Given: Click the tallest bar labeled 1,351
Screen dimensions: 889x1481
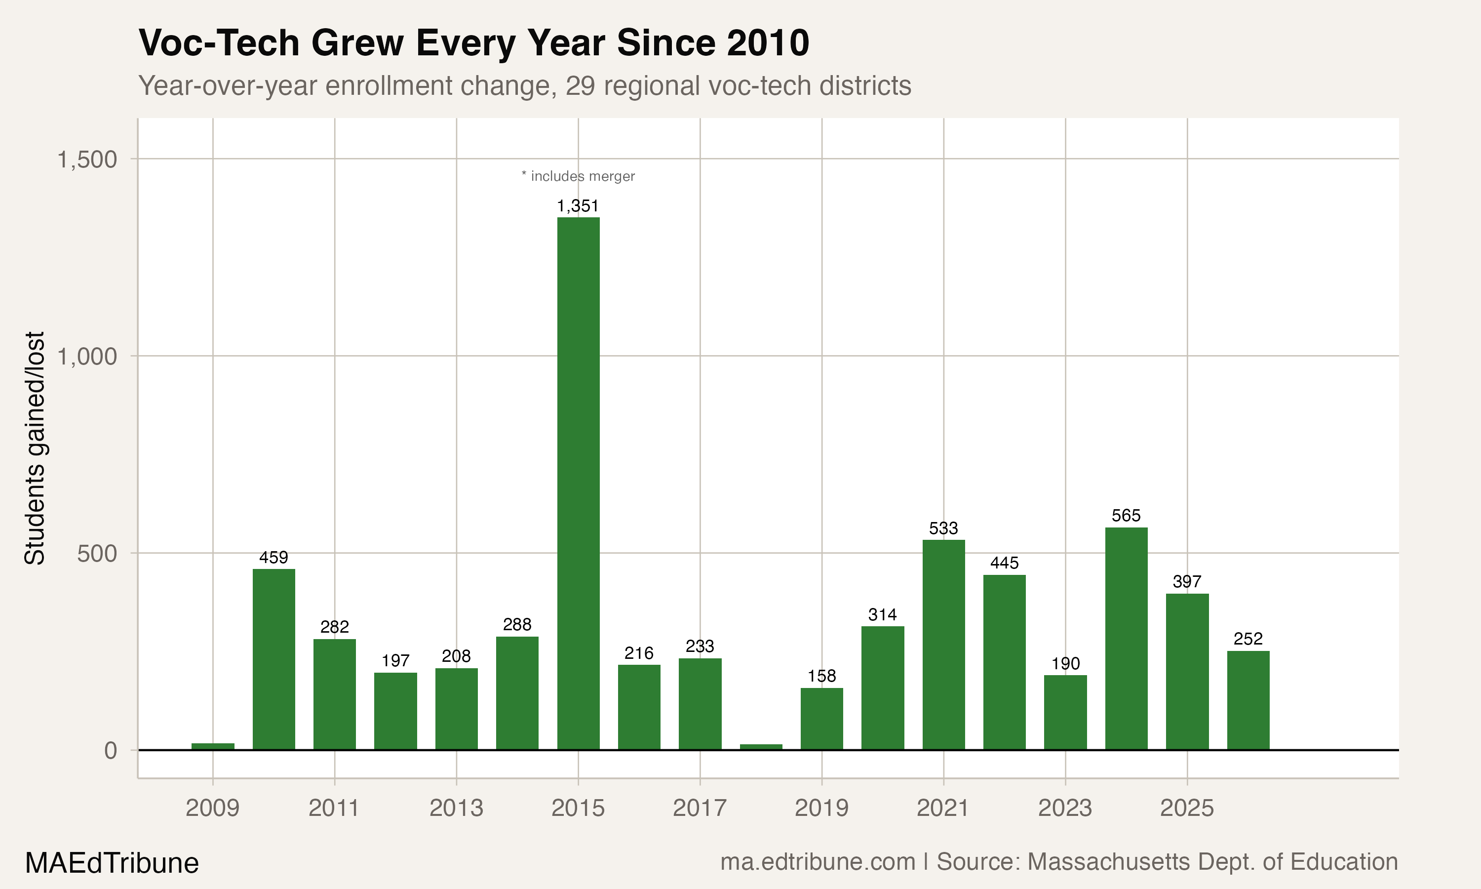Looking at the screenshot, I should click(x=578, y=483).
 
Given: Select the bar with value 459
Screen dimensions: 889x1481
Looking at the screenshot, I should click(x=273, y=659).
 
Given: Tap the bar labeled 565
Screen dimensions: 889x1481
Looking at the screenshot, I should click(x=1126, y=638).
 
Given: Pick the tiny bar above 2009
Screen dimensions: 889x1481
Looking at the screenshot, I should click(x=212, y=746).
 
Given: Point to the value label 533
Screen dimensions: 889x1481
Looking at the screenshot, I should click(x=943, y=528).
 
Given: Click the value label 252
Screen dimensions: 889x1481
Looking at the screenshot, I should click(x=1248, y=639).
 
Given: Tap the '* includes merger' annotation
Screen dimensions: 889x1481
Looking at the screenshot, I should click(x=578, y=176).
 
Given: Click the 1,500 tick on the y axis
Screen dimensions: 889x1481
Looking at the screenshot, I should click(x=87, y=160).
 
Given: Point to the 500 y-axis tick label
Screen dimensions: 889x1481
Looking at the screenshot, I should click(x=96, y=554).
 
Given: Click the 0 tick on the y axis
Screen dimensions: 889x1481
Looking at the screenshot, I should click(x=110, y=751).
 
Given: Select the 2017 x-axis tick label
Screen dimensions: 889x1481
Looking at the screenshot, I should click(x=699, y=808).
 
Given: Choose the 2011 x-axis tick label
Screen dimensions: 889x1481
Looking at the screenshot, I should click(x=334, y=808).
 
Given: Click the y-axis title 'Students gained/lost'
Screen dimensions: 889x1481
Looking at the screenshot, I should click(x=35, y=447).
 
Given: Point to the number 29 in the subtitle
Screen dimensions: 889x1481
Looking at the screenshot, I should click(x=580, y=85).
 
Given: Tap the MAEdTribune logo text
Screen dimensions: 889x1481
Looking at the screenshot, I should click(x=112, y=863).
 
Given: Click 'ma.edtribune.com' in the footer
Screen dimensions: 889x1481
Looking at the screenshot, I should click(x=818, y=862).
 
